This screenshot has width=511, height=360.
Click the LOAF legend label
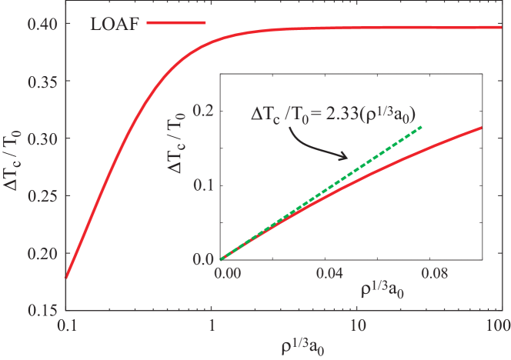pyautogui.click(x=112, y=23)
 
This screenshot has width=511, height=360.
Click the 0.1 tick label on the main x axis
pyautogui.click(x=67, y=325)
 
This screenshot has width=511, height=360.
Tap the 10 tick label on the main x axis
pyautogui.click(x=356, y=325)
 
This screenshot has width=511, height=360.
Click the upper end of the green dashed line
pyautogui.click(x=422, y=126)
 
